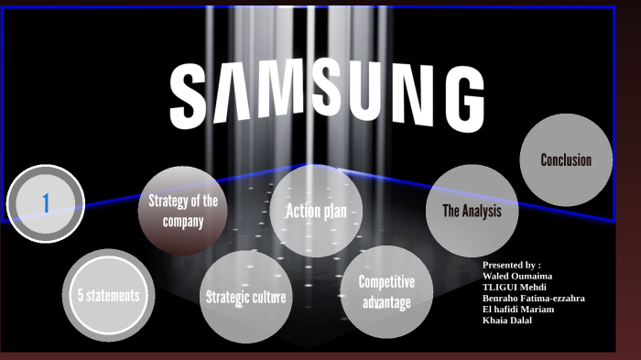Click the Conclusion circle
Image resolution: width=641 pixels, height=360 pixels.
pos(566,160)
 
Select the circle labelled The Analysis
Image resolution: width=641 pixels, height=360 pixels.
pos(473,212)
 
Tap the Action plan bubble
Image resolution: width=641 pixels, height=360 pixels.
pos(316,212)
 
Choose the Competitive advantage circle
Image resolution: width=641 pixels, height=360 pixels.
pos(386,292)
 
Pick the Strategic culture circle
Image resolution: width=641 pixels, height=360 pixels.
pos(245,298)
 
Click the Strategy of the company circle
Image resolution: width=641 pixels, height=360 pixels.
pos(183,212)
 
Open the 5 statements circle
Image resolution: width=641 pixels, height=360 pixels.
pos(108,295)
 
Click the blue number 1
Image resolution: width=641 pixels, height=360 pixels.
pos(46,203)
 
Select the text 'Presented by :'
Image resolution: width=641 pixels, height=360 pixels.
pos(511,264)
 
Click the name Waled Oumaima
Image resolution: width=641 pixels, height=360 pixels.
pos(517,276)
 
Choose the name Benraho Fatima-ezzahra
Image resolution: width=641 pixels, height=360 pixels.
pos(533,298)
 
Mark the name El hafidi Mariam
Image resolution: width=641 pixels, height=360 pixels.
pos(517,309)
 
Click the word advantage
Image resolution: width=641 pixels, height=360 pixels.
pos(386,302)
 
